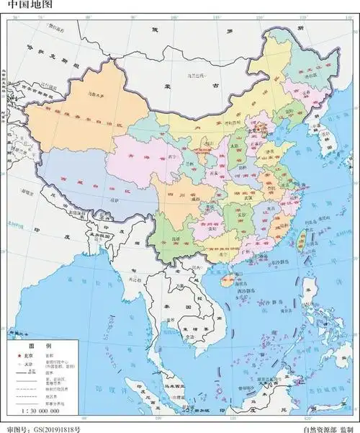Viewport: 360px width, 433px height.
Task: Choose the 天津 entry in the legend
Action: click(x=28, y=364)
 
